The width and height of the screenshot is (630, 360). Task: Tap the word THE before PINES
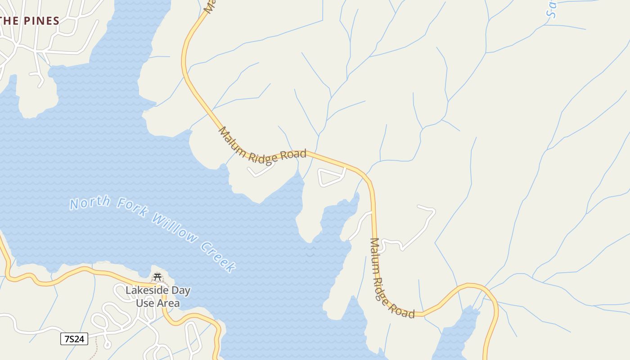point(9,21)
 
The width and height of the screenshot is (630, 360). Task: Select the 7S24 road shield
point(74,339)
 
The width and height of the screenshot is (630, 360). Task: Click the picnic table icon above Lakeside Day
point(157,277)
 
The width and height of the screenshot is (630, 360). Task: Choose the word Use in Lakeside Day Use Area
point(144,303)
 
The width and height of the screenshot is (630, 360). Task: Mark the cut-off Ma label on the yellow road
point(209,5)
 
